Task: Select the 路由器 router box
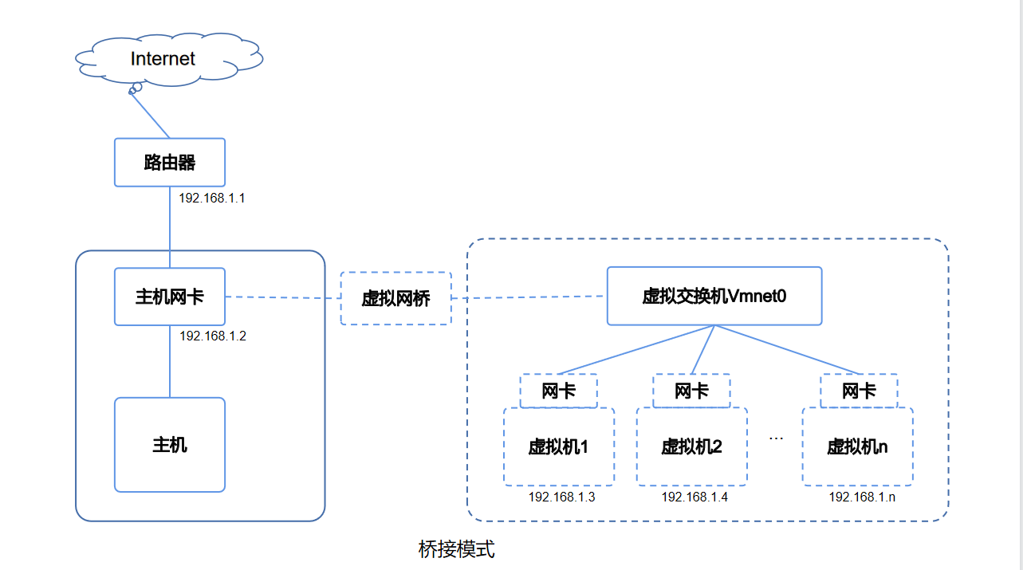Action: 170,163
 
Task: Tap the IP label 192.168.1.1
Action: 211,198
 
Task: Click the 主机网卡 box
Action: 170,297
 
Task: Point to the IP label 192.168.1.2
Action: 212,336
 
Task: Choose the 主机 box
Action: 170,445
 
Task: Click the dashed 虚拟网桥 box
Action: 395,298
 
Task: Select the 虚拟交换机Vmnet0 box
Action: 714,297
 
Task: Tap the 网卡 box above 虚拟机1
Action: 558,391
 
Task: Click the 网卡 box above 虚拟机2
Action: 691,391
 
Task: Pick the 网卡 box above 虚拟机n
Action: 859,391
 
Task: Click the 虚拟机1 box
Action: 558,446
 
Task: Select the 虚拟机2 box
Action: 691,446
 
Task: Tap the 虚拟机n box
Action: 857,446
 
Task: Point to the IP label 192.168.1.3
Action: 561,497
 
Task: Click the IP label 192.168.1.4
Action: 694,497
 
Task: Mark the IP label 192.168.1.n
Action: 862,497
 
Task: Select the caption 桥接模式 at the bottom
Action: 456,549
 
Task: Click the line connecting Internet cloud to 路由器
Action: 151,114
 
